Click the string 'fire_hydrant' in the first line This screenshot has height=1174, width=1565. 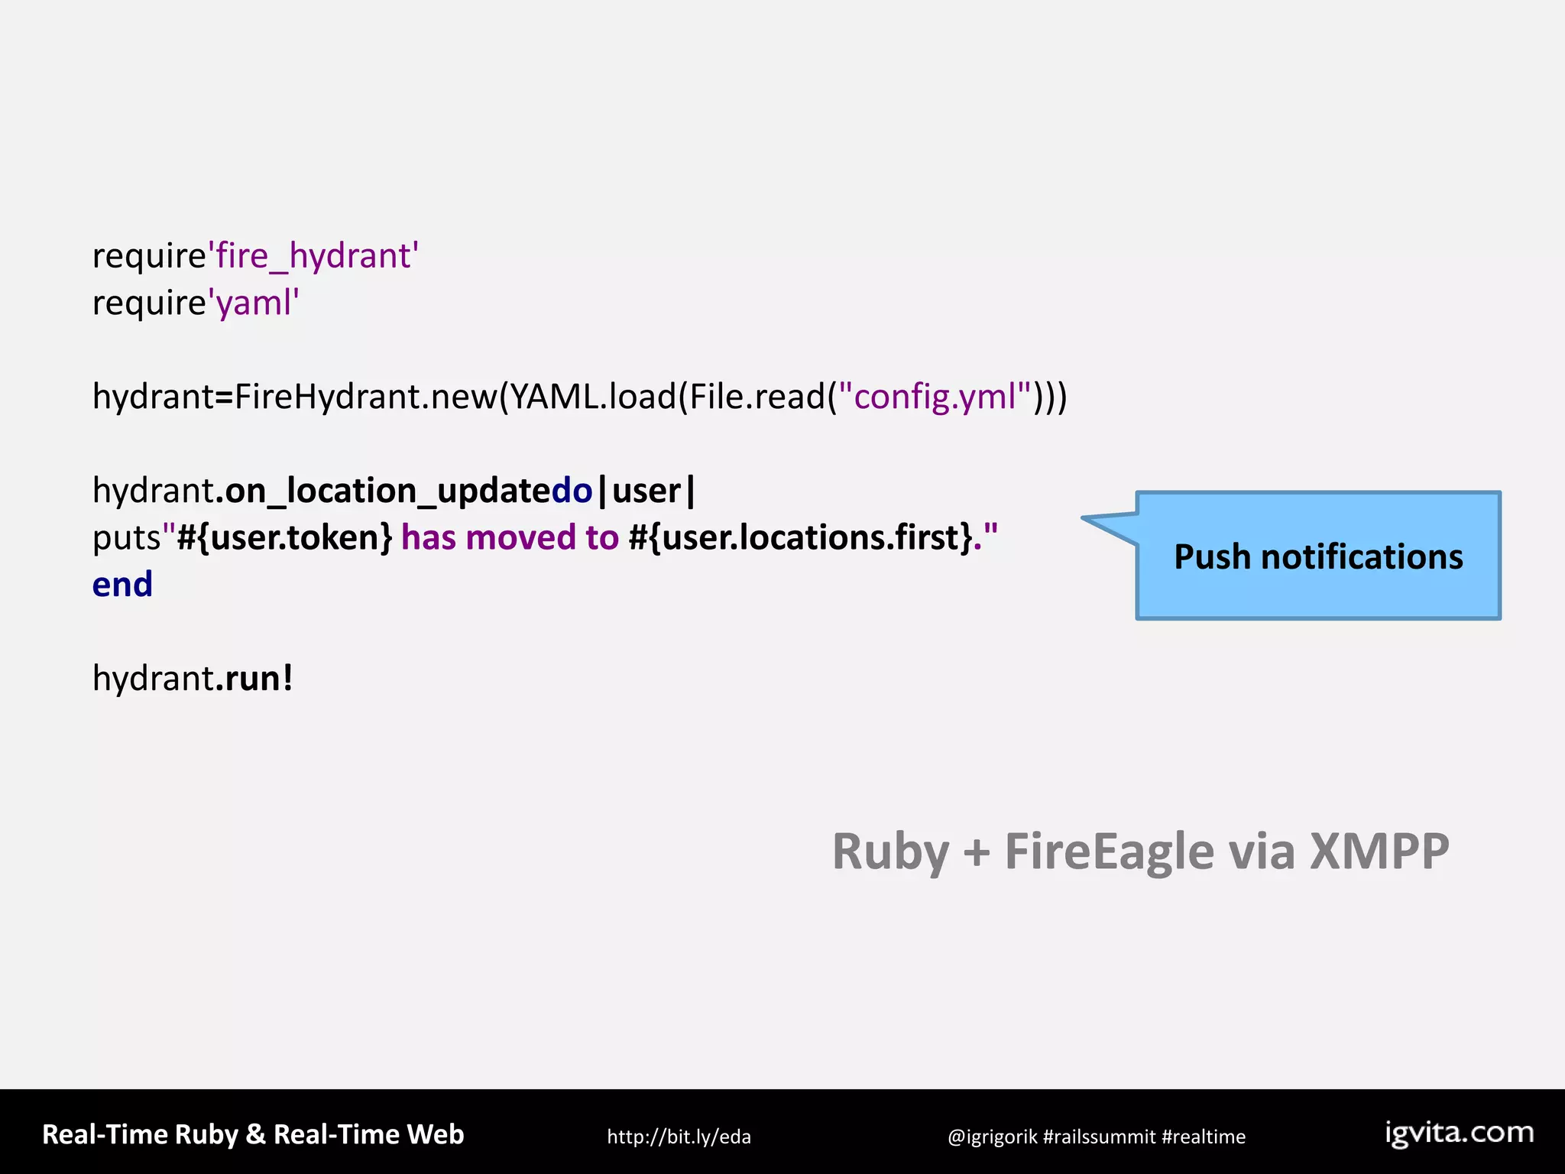[x=313, y=256]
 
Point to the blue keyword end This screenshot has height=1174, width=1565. [x=122, y=585]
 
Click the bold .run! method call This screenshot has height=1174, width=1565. [x=254, y=678]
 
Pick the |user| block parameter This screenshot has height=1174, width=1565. [x=646, y=491]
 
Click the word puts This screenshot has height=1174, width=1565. [x=125, y=538]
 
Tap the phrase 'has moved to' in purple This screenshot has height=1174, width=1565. [x=510, y=537]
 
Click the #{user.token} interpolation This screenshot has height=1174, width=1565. [x=285, y=537]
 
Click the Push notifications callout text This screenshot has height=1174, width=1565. [x=1318, y=556]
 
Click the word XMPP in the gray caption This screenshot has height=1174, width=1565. [x=1379, y=851]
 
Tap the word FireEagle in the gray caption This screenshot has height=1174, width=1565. [x=1109, y=851]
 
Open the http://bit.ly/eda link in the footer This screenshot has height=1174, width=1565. [x=679, y=1137]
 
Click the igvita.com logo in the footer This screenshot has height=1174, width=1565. [x=1460, y=1133]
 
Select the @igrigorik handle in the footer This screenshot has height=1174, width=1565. [x=992, y=1137]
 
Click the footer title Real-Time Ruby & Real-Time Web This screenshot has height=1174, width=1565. [x=253, y=1134]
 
